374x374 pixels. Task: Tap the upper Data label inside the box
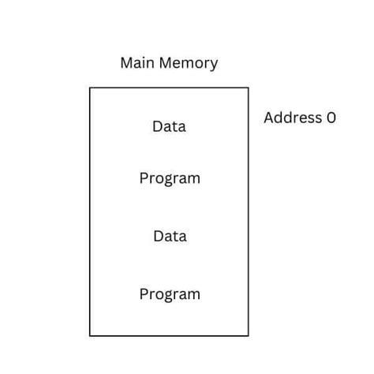coord(169,126)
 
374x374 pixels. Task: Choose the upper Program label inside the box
coord(170,178)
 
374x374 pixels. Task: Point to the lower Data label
coord(170,236)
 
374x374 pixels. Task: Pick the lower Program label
coord(170,294)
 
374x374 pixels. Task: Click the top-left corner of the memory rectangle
coord(90,88)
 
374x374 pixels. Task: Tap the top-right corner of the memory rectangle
coord(249,88)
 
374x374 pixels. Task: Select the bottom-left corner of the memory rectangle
coord(90,336)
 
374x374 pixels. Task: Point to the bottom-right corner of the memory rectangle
coord(249,336)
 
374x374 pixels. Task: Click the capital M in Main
coord(126,63)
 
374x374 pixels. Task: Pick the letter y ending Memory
coord(214,65)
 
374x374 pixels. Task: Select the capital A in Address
coord(269,118)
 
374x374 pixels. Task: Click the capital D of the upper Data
coord(157,126)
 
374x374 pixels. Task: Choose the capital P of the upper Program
coord(144,178)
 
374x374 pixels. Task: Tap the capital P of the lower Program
coord(144,294)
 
